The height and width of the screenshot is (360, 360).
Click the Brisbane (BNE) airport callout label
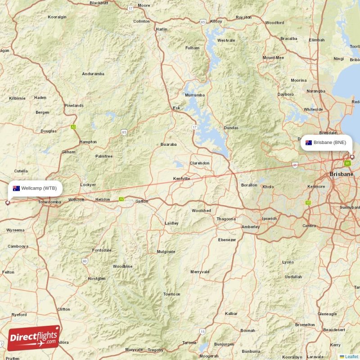(326, 143)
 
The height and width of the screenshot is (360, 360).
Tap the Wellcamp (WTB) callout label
(35, 188)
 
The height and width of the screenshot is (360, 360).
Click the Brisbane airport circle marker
(352, 157)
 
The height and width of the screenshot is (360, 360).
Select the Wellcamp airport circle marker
(7, 202)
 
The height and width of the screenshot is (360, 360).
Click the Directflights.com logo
(34, 338)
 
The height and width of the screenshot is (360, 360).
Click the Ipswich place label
(270, 219)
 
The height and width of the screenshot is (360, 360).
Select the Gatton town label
(142, 201)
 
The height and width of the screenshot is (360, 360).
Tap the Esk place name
(176, 108)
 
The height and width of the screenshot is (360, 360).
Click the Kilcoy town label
(216, 21)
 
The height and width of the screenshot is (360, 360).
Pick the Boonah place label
(247, 330)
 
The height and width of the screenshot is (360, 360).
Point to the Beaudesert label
(334, 329)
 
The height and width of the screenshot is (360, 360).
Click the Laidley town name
(172, 223)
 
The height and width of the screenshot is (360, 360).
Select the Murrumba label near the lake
(194, 95)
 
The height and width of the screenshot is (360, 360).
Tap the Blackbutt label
(99, 3)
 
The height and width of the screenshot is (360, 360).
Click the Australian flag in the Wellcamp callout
(16, 188)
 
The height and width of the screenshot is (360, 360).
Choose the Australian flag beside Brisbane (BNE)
(309, 143)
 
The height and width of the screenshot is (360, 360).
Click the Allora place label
(63, 342)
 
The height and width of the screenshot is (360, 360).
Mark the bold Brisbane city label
(341, 174)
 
